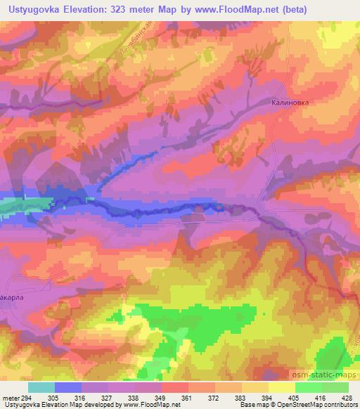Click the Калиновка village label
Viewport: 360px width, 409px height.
[290, 101]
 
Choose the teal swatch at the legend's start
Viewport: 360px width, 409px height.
[41, 387]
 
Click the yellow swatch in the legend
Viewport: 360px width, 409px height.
[283, 387]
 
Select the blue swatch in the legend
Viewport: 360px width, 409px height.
[68, 387]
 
